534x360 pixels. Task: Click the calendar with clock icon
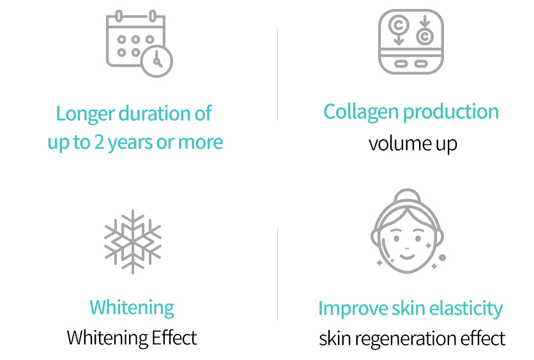139,43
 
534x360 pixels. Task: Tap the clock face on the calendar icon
157,61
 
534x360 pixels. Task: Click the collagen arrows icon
411,41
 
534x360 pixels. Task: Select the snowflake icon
133,242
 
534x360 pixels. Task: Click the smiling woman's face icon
408,230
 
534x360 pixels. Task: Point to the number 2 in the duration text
99,142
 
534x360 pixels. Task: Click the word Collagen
361,112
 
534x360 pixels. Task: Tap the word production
451,112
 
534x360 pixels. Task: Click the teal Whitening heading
132,308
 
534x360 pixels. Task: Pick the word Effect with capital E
174,338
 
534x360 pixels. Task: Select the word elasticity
466,309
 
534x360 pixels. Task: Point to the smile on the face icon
407,256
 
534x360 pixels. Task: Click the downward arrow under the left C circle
399,40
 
